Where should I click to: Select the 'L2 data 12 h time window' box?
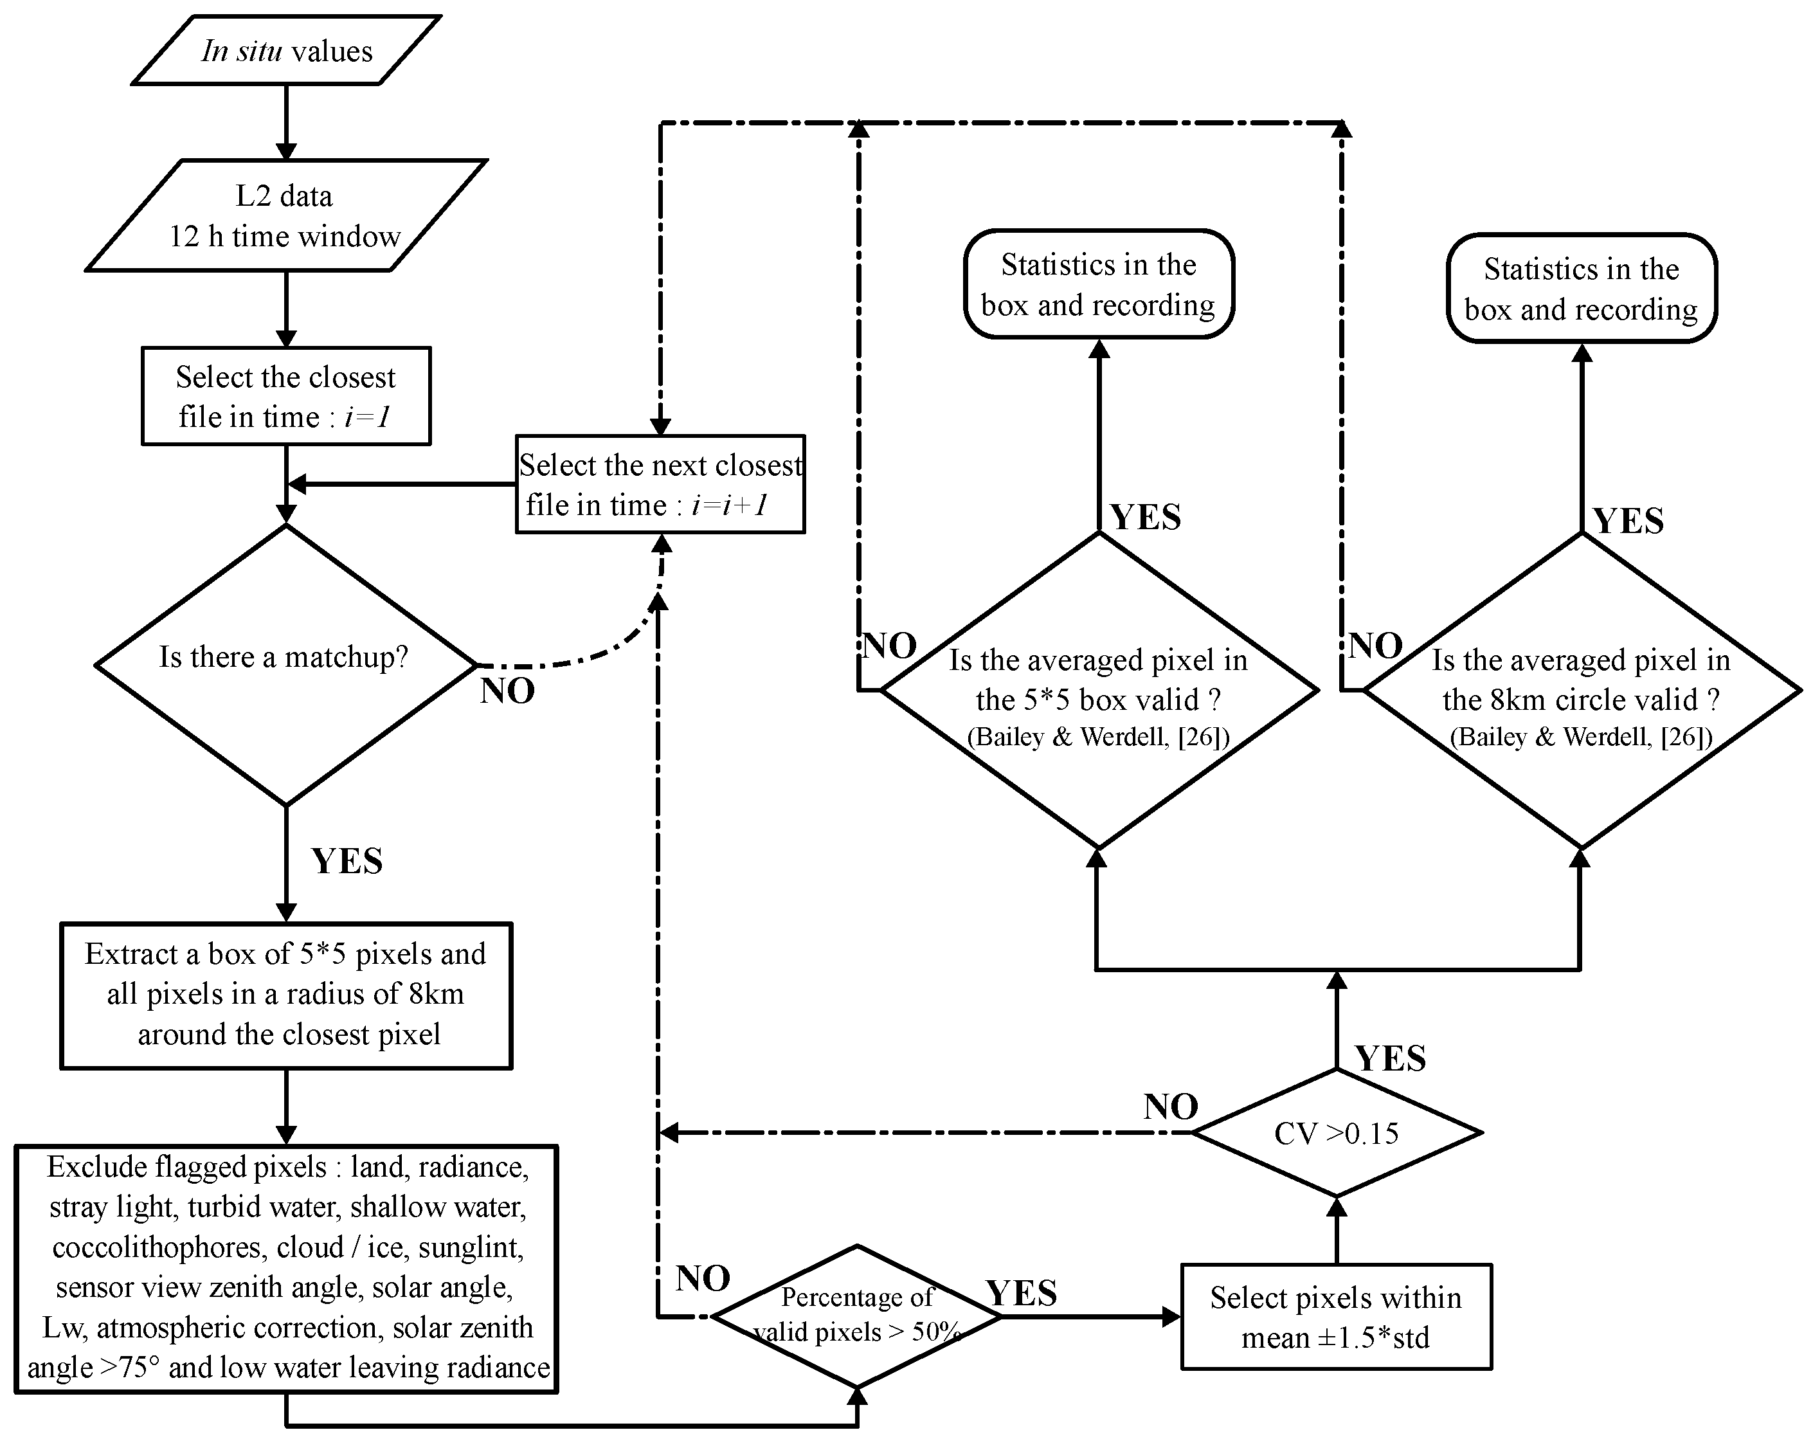286,216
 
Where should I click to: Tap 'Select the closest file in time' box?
286,396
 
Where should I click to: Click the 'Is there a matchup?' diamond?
286,664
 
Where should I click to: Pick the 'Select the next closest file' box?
660,484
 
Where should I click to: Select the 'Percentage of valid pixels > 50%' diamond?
857,1316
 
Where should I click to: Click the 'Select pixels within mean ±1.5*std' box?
1335,1317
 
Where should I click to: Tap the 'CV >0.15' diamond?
1336,1133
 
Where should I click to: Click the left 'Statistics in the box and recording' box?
1098,284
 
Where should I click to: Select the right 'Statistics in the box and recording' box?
1581,289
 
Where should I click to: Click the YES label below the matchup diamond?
347,861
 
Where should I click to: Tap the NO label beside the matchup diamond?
508,691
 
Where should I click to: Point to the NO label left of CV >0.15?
1171,1107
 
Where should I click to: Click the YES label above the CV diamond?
1390,1058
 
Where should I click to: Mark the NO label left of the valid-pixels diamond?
703,1278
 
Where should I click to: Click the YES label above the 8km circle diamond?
1628,521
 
